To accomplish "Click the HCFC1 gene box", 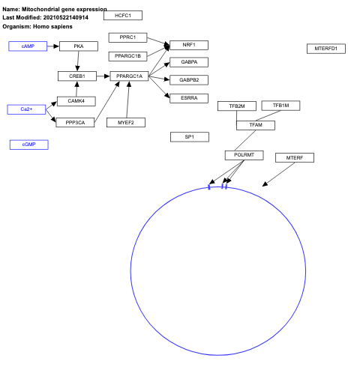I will [123, 15].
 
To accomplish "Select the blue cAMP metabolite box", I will [28, 46].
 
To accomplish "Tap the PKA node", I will [78, 46].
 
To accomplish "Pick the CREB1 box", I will [77, 76].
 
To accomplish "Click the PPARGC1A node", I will [129, 76].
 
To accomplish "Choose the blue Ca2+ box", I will [26, 109].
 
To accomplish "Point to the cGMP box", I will [28, 145].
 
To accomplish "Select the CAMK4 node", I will [76, 101].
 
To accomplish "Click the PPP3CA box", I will [75, 122].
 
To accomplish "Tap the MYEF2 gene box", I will [125, 122].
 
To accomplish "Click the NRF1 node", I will [189, 45].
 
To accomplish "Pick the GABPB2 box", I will [189, 79].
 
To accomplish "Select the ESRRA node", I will [189, 97].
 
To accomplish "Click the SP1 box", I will [189, 137].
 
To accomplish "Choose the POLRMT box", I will [244, 155].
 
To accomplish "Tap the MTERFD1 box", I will [325, 49].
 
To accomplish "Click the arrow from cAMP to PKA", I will [52, 46].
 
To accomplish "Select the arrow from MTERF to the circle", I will [276, 175].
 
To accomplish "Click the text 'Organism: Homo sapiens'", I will [37, 26].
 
